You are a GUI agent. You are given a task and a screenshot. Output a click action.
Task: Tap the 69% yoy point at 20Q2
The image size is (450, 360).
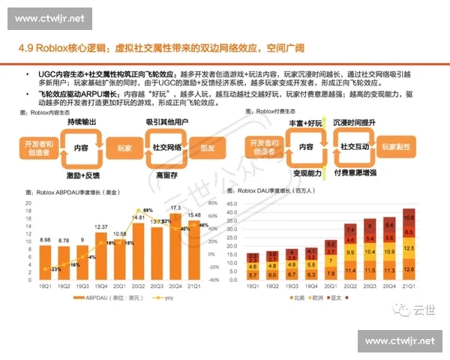(x=148, y=210)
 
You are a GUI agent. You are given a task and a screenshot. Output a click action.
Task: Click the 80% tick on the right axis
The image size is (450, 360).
(x=214, y=202)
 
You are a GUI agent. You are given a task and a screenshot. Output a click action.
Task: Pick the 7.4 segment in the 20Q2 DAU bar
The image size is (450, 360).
(x=350, y=228)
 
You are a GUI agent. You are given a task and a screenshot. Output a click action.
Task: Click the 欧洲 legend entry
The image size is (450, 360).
(x=341, y=298)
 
